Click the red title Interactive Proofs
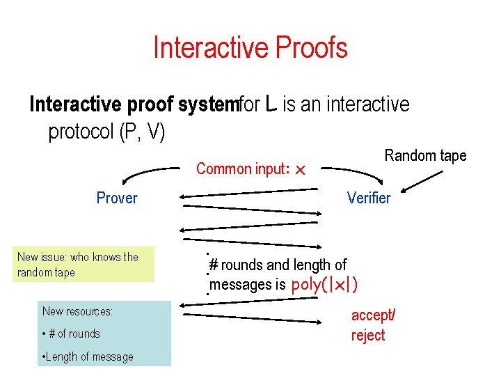(x=250, y=48)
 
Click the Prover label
(x=117, y=198)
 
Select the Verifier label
(x=369, y=198)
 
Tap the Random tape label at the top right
(x=425, y=155)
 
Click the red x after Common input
(x=301, y=170)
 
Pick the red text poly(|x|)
(x=326, y=285)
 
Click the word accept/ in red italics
(x=373, y=315)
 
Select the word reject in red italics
(x=368, y=336)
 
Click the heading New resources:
(x=77, y=311)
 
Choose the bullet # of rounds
(x=71, y=334)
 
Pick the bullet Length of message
(x=88, y=357)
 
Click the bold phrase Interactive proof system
(x=134, y=104)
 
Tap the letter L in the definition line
(x=272, y=104)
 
